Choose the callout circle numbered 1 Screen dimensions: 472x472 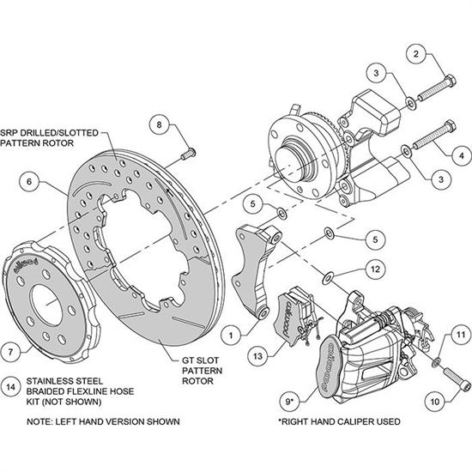pyautogui.click(x=232, y=330)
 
